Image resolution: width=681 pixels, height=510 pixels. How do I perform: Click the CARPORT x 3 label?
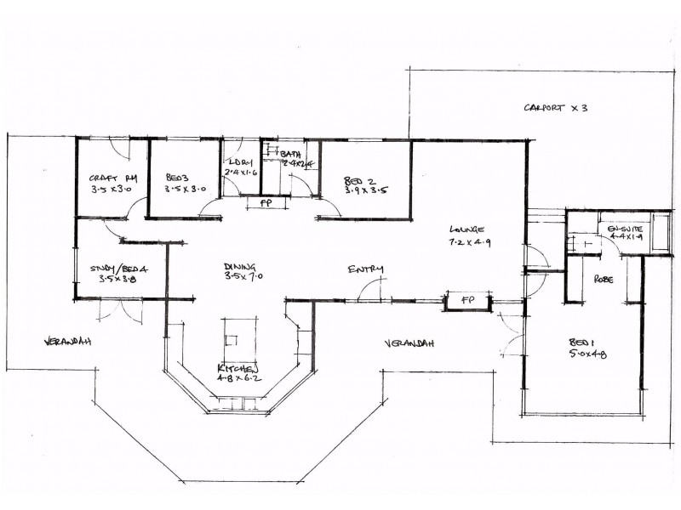tap(555, 108)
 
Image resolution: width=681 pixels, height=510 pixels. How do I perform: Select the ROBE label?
tap(604, 279)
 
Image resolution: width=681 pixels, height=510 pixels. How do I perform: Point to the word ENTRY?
tap(365, 270)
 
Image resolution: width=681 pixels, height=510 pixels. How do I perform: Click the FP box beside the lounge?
tap(468, 301)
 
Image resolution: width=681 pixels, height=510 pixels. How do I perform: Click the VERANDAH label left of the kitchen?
tap(67, 341)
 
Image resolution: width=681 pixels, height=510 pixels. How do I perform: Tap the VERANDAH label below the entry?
tap(409, 343)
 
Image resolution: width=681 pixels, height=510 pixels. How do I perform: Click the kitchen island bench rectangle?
tap(238, 338)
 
